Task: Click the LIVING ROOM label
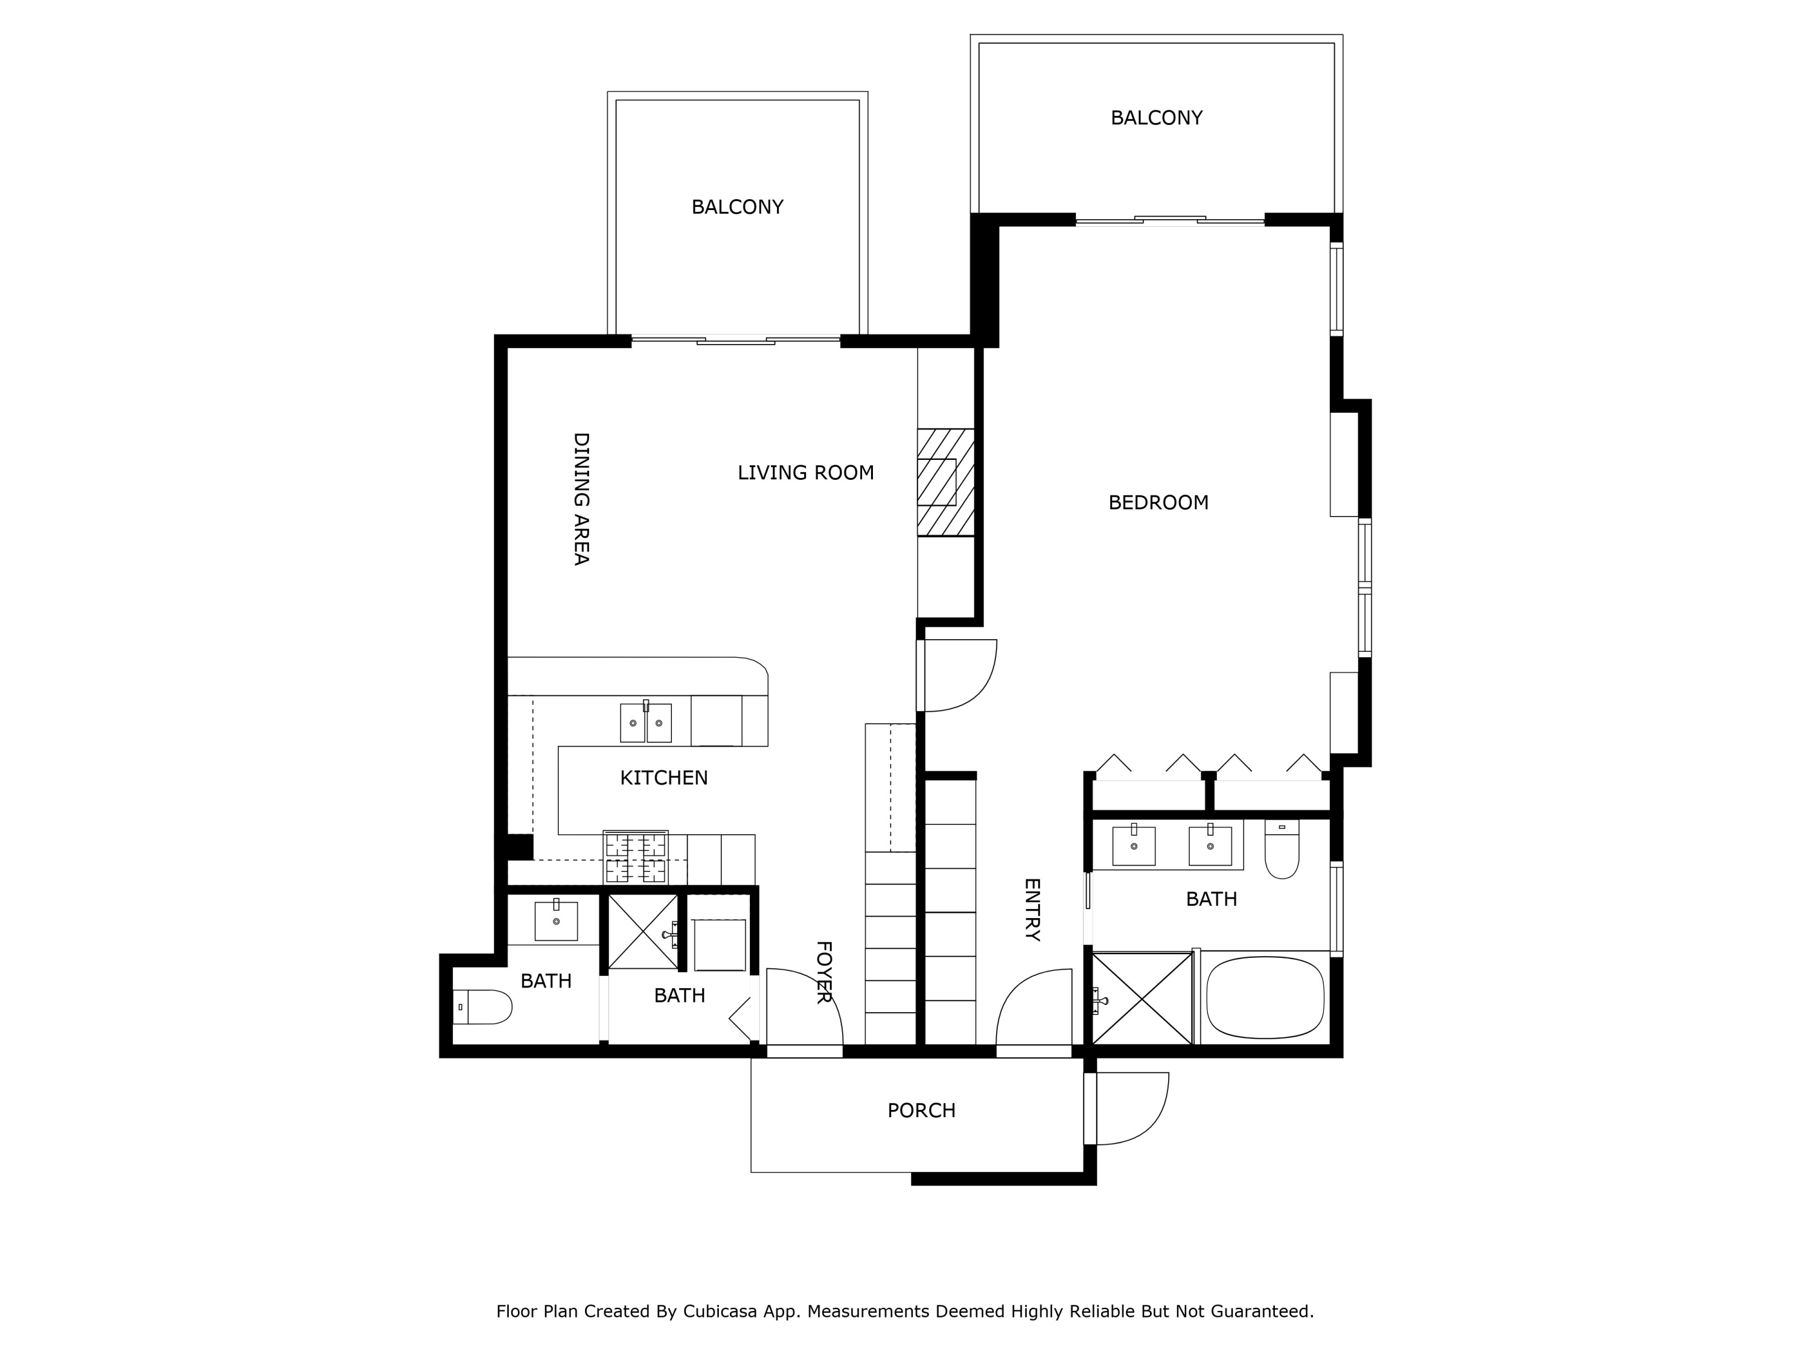tap(806, 473)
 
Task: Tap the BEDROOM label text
tap(1158, 503)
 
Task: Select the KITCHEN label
tap(664, 777)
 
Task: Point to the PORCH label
tap(922, 1111)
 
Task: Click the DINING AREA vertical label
tap(581, 499)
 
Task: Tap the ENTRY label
tap(1032, 910)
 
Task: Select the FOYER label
tap(823, 972)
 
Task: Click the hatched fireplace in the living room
tap(945, 482)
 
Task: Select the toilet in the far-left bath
tap(483, 1007)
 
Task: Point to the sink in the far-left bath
tap(556, 921)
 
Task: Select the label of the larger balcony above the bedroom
tap(1157, 118)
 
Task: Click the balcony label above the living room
tap(738, 207)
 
